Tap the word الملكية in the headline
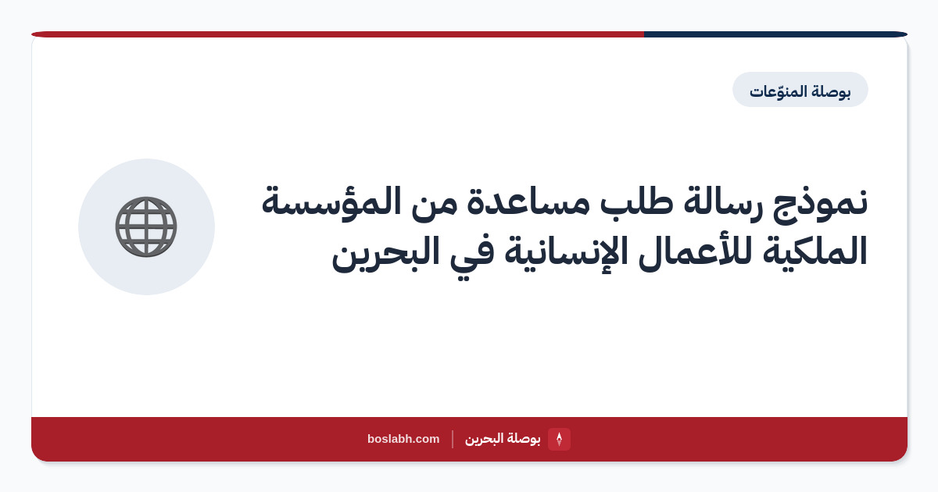814,251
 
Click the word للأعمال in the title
695,251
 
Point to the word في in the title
472,253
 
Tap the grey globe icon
146,226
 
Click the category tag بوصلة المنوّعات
800,90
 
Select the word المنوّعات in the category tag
778,91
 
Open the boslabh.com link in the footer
403,439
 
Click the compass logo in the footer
559,439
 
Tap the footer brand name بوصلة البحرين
503,439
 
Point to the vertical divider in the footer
453,439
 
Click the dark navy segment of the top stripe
775,34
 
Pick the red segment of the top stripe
338,34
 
